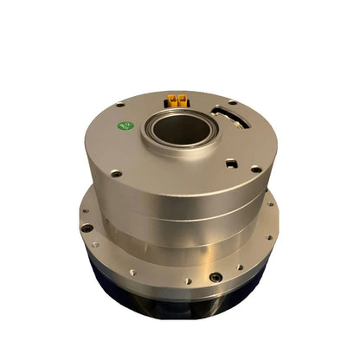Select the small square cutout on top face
coord(231,162)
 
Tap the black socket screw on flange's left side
coord(87,228)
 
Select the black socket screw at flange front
coord(215,277)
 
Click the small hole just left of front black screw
coord(186,280)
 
